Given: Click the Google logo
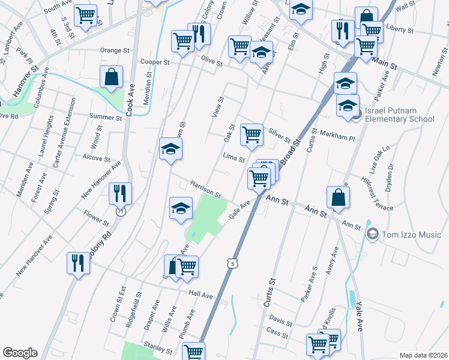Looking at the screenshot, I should point(20,353).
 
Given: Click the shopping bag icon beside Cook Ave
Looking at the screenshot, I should point(112,77).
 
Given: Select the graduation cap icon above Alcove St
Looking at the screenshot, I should point(170,149).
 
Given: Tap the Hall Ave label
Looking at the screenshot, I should point(200,295).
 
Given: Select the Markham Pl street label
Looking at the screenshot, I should point(338,135).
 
